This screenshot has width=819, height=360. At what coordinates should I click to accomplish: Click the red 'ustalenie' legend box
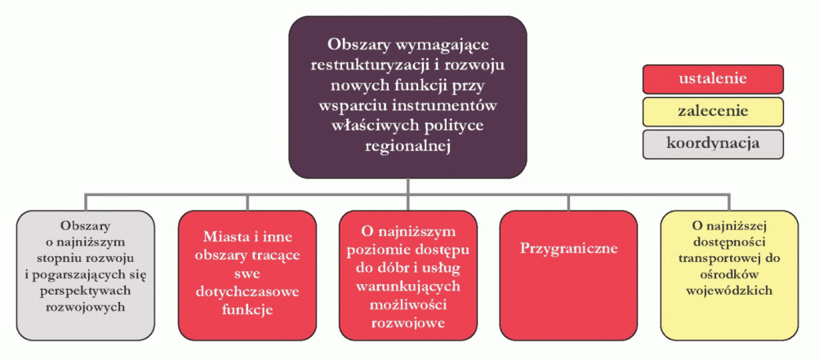713,79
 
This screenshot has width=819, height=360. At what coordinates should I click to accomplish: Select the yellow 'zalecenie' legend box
713,111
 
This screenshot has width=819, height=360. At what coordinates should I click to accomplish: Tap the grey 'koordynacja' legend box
713,143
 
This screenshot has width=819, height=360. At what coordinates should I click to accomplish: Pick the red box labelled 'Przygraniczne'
569,274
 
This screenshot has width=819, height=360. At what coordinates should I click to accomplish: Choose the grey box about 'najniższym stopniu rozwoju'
86,274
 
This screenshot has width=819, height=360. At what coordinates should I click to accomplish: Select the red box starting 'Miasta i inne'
247,274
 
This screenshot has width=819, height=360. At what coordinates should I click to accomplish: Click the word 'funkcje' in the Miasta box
247,310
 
